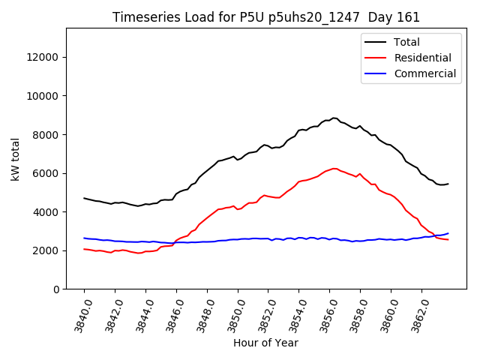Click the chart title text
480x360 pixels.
[265, 17]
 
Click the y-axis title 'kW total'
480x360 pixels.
[16, 159]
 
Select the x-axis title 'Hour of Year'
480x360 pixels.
[265, 343]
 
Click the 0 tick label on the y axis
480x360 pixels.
[55, 289]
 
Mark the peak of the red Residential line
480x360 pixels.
[334, 168]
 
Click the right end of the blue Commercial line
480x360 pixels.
[448, 233]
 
